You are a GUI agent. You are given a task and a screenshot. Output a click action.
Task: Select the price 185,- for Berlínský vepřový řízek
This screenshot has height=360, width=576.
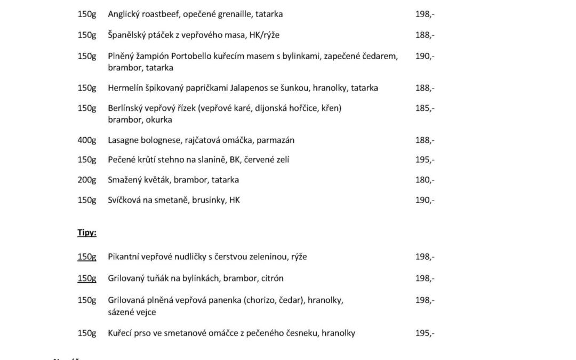[x=425, y=108]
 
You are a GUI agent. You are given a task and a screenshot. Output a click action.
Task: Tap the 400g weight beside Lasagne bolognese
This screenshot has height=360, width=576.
[x=86, y=140]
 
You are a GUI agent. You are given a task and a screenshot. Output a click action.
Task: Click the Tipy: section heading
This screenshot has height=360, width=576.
[x=86, y=233]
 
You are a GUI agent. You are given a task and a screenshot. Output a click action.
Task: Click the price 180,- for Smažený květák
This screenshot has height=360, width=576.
[x=425, y=180]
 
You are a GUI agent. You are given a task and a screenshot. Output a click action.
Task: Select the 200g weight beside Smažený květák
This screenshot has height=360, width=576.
[x=86, y=180]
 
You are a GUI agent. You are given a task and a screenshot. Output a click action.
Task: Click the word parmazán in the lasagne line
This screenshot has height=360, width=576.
[x=276, y=140]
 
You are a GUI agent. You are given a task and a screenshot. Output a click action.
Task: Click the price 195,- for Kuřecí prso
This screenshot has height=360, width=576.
[x=425, y=333]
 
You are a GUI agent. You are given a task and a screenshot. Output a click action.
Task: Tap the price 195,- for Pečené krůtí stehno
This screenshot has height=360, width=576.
[x=425, y=160]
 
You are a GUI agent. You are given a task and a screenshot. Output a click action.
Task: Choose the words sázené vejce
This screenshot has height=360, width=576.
[x=132, y=313]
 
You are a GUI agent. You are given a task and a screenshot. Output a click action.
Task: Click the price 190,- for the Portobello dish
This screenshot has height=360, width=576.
[x=425, y=56]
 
